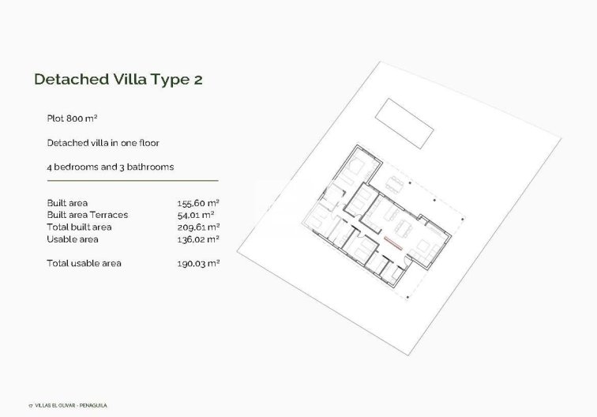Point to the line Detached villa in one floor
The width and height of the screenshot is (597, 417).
[102, 143]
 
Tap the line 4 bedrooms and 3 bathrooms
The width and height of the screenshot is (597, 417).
[110, 167]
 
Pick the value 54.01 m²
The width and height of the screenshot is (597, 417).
[196, 215]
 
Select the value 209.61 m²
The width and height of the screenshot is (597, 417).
[197, 227]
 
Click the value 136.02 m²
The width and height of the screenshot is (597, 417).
[197, 239]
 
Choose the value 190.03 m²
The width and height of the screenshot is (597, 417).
[197, 263]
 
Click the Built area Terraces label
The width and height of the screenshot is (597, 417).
[87, 215]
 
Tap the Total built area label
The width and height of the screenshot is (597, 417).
[78, 227]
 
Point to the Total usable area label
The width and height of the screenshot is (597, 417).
[84, 263]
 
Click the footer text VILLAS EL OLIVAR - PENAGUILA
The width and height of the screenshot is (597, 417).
[70, 405]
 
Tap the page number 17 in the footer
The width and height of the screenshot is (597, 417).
[29, 405]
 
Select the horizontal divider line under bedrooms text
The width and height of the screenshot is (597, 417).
[132, 181]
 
